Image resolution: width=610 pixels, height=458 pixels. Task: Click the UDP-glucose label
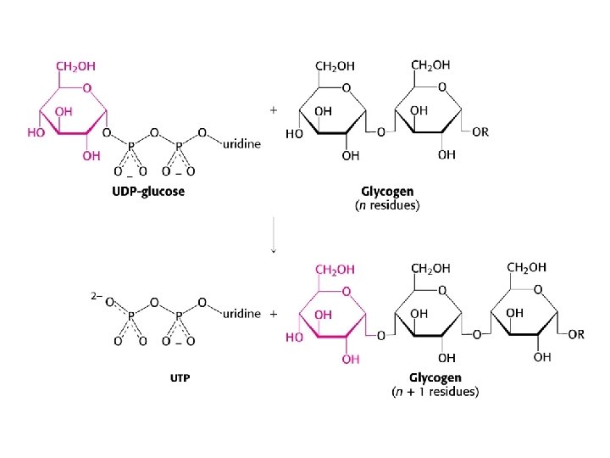148,191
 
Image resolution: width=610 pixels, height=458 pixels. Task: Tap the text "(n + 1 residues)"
435,392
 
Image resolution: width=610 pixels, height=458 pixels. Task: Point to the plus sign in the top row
273,109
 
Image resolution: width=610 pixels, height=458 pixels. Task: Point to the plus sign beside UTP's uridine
273,314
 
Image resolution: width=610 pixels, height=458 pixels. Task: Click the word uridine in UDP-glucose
241,144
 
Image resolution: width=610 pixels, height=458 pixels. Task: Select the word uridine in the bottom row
241,314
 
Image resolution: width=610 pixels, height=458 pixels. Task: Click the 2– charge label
97,296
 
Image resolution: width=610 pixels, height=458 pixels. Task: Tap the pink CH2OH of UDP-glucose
75,64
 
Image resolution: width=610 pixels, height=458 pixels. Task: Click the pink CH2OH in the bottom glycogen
335,269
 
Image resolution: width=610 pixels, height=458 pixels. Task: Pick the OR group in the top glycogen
480,133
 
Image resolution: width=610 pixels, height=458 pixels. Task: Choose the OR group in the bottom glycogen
576,334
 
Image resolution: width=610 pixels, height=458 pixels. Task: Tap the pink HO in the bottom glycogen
293,337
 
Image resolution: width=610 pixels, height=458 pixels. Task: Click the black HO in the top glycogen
294,134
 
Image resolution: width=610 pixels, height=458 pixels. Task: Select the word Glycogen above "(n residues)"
386,192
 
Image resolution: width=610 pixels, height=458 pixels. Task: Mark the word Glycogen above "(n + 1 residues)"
435,377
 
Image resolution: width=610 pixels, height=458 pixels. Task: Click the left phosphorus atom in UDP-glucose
130,144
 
